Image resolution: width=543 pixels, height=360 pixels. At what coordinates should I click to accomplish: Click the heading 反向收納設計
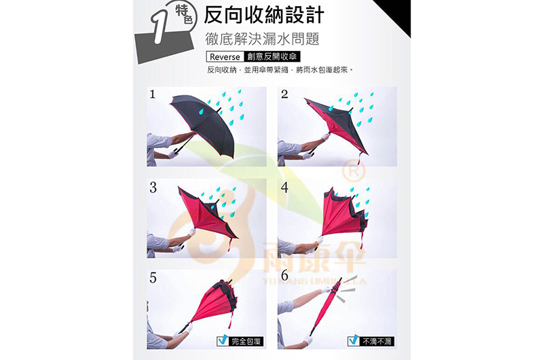point(264,16)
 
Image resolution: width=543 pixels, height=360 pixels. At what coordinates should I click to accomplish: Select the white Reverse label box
point(225,57)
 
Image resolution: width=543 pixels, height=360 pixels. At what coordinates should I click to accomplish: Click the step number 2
point(284,95)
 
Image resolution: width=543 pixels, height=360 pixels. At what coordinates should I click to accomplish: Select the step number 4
point(284,187)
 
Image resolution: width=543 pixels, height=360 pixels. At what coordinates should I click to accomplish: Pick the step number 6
point(284,278)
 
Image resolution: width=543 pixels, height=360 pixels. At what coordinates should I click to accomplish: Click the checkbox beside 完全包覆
point(221,341)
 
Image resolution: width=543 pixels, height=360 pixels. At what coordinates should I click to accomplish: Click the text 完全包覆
point(245,341)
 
